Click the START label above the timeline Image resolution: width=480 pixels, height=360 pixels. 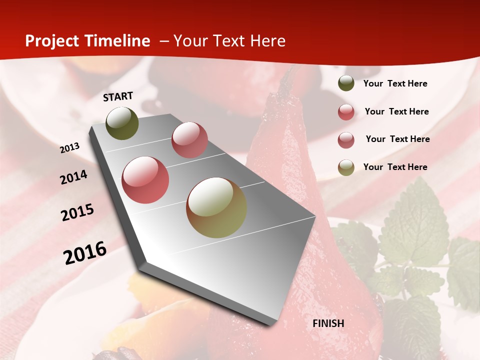click(118, 96)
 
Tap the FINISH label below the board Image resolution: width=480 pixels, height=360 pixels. click(328, 323)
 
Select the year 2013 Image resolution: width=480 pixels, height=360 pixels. click(70, 148)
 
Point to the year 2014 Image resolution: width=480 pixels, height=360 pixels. click(73, 177)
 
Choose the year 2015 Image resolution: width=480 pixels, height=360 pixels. click(77, 212)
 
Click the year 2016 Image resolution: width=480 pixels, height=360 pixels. click(85, 252)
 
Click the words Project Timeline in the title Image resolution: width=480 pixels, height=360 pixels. click(87, 41)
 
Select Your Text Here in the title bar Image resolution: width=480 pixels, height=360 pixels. click(229, 41)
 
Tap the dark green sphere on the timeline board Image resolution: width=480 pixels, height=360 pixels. click(122, 123)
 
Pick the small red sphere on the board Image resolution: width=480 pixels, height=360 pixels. click(189, 140)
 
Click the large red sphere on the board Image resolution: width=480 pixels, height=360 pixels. click(145, 180)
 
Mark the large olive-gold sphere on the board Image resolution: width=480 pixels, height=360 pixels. click(216, 207)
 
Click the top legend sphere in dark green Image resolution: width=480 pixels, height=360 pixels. click(346, 83)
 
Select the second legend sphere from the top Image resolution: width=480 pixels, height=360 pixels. click(346, 112)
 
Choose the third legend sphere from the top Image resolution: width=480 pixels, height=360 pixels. click(346, 140)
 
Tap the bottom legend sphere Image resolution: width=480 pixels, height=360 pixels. click(346, 167)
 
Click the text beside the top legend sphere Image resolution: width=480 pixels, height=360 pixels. click(395, 83)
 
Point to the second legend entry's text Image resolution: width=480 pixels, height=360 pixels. click(396, 111)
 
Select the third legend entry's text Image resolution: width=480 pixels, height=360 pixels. click(397, 139)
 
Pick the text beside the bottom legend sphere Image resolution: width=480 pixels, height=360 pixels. click(395, 167)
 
